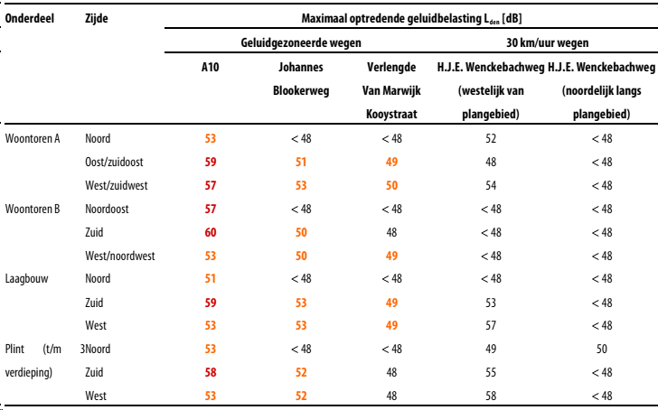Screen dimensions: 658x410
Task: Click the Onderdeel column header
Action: click(29, 18)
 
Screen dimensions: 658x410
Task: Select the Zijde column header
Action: click(97, 18)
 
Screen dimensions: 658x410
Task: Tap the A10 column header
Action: click(211, 67)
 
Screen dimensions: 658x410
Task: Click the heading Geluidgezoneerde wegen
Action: click(301, 42)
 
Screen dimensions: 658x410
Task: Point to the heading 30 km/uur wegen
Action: click(547, 42)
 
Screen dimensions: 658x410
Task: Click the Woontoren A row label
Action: click(33, 139)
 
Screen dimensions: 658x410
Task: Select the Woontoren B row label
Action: click(33, 210)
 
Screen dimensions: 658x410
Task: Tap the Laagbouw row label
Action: click(26, 279)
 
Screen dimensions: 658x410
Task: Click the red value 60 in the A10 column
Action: click(211, 233)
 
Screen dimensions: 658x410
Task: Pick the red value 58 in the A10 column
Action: click(211, 373)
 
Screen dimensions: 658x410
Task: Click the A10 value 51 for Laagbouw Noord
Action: click(211, 279)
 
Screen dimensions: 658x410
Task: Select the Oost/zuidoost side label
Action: click(114, 163)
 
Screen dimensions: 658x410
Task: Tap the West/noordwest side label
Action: click(120, 256)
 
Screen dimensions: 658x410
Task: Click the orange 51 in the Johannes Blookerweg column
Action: click(301, 163)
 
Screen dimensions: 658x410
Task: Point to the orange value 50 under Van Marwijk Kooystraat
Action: click(391, 186)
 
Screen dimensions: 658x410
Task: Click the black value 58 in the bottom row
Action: click(491, 396)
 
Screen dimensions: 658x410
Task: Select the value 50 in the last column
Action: click(602, 349)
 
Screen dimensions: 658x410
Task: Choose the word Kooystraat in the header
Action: click(391, 114)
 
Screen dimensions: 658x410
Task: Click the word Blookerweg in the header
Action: click(301, 90)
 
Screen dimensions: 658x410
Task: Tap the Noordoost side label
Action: click(107, 210)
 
